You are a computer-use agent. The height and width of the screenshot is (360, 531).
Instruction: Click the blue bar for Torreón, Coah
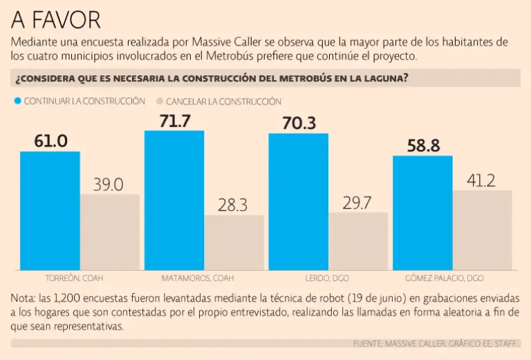tap(50, 211)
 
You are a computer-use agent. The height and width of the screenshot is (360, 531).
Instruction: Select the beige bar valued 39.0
tap(110, 232)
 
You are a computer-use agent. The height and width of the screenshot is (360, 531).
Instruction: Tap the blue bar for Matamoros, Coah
tap(174, 200)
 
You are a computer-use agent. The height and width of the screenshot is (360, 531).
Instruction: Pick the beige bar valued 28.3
tap(234, 243)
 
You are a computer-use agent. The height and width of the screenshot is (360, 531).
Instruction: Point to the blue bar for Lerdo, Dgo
tap(298, 202)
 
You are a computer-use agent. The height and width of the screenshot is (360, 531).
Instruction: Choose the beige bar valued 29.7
tap(358, 241)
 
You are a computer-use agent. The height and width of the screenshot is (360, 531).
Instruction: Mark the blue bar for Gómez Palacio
tap(422, 213)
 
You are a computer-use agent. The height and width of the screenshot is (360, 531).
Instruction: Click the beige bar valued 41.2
tap(483, 230)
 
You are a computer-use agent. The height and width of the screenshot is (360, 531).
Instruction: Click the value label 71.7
tap(174, 120)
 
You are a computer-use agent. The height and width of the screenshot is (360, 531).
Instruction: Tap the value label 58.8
tap(423, 146)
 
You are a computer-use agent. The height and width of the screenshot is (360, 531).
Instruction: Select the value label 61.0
tap(50, 142)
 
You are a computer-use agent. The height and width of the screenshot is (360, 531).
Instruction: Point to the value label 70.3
tap(299, 123)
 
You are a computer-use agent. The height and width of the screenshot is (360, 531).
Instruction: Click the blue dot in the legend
tap(17, 101)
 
